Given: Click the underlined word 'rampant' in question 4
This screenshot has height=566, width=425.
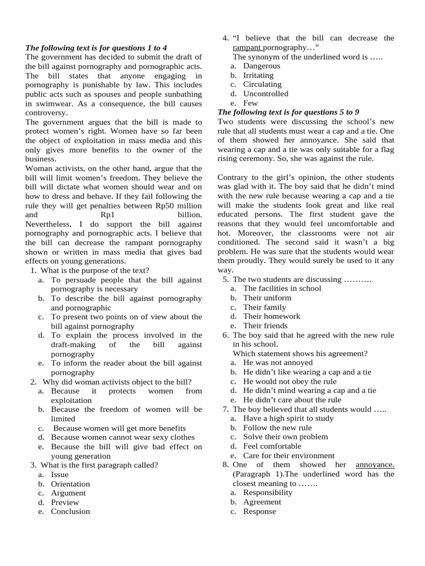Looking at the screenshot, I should pos(246,48).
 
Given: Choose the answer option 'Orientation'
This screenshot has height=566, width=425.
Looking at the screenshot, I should pos(70,484).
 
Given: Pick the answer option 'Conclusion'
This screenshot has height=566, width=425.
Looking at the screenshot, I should pos(70,511).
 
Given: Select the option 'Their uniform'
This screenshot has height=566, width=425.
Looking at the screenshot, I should pos(267,298).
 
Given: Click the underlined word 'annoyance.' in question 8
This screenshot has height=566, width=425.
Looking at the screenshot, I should pos(375,465).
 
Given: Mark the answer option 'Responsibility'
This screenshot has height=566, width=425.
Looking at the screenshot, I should pos(268,492).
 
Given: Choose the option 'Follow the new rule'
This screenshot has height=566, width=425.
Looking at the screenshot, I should pos(278,427).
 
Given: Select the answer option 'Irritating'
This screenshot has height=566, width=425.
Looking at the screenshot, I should pos(258,75).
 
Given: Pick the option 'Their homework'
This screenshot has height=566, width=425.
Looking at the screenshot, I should pos(272,316).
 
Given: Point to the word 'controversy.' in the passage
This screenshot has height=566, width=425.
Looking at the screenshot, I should pos(48,112).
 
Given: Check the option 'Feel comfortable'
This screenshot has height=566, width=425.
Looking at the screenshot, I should pos(272,446).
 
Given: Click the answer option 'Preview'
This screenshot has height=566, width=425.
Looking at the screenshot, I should pos(65,502).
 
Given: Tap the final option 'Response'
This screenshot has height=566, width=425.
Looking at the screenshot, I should pos(260,511).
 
